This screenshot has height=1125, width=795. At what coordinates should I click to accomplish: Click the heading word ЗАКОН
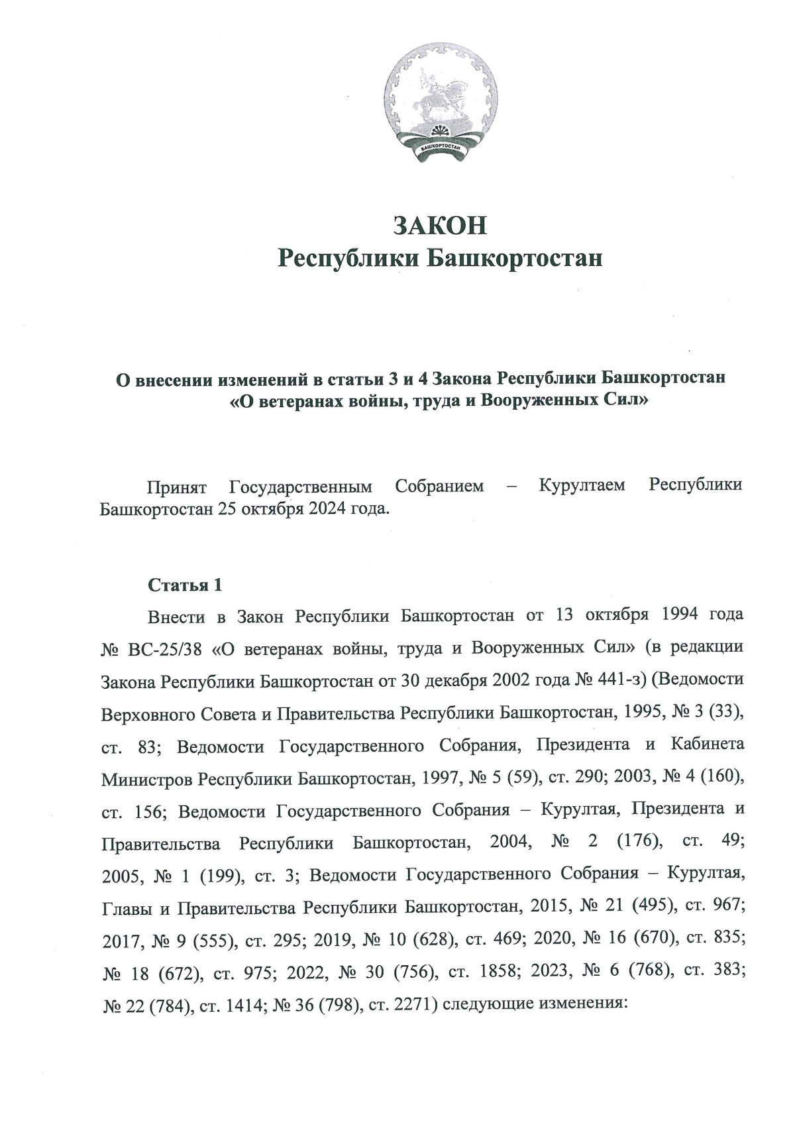click(x=440, y=225)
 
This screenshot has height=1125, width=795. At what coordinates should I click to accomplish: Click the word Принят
click(x=177, y=486)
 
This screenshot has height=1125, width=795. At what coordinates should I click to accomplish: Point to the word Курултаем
click(x=582, y=485)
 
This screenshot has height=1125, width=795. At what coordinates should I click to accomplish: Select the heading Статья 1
click(x=185, y=585)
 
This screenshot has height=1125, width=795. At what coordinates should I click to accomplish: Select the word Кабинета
click(x=708, y=744)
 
